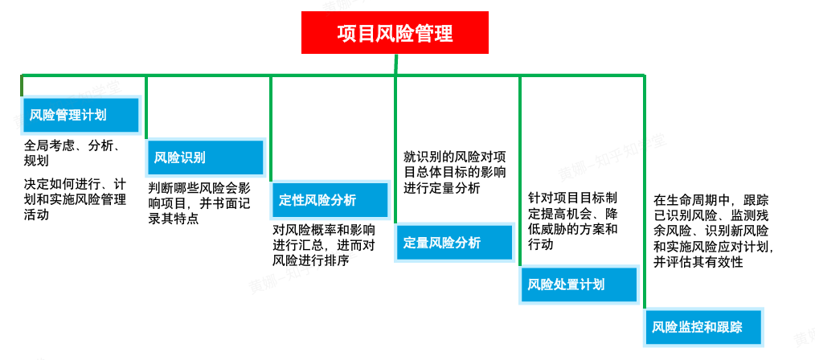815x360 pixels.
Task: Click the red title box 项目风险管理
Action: click(395, 33)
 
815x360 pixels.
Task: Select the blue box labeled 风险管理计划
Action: click(81, 116)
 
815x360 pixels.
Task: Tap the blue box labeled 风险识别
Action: click(205, 157)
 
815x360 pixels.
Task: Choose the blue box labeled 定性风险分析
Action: click(330, 200)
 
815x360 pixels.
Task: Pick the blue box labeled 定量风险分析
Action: click(454, 243)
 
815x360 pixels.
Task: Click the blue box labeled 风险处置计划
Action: click(579, 284)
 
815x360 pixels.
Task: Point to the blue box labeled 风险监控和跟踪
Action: click(704, 327)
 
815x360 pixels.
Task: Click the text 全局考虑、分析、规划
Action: click(72, 153)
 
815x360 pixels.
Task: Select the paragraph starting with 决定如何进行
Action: click(76, 198)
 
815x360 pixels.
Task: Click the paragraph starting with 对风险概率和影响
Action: click(324, 244)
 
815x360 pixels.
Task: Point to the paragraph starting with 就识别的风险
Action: click(455, 172)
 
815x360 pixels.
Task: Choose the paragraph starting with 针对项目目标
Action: click(572, 221)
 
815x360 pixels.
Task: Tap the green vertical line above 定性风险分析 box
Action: click(271, 129)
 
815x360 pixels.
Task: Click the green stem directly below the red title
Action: click(395, 64)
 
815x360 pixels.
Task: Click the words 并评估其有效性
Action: click(698, 261)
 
